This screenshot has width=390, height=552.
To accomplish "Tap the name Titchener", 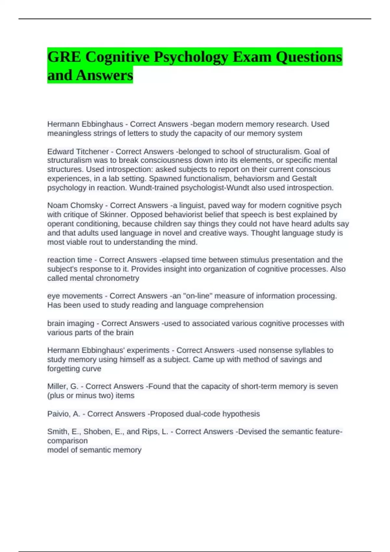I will coord(92,152).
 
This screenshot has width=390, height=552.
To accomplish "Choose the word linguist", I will coord(193,206).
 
